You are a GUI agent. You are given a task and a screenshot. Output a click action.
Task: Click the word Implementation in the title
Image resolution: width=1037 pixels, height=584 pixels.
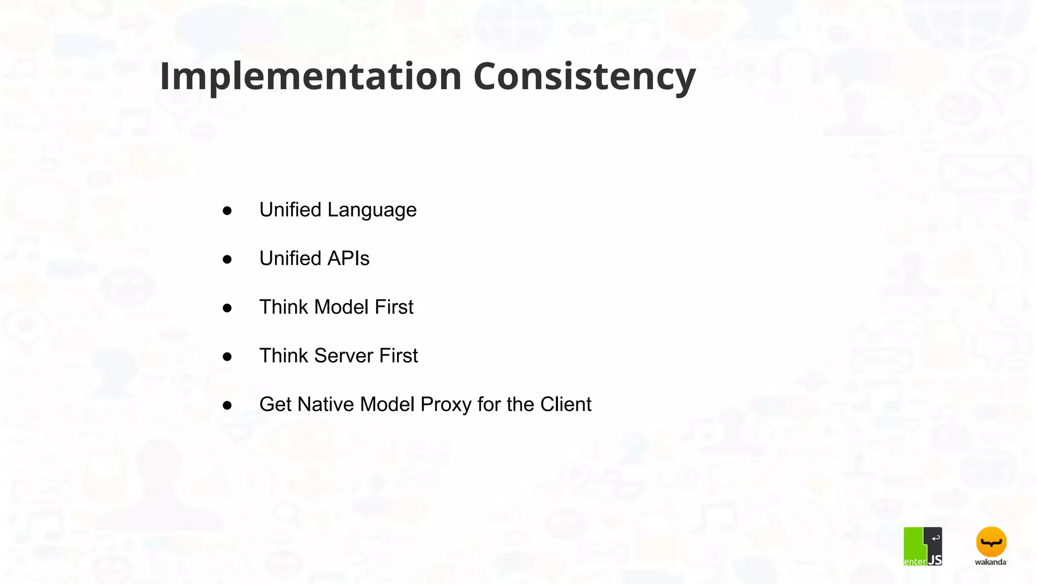coord(310,76)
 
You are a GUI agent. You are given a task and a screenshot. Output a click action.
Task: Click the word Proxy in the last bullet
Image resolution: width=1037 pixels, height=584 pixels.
coord(446,405)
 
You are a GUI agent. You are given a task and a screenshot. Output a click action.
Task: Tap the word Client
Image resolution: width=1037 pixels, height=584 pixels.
coord(566,405)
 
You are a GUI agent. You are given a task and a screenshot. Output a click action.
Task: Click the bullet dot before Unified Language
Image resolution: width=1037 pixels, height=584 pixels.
coord(227,211)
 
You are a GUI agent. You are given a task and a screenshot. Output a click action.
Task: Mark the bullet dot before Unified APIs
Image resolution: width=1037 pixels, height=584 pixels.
coord(227,260)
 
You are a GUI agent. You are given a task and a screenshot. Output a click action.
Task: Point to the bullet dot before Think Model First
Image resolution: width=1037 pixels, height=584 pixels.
coord(227,308)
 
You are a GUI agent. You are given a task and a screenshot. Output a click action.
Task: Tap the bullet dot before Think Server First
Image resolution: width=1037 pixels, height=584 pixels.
coord(227,357)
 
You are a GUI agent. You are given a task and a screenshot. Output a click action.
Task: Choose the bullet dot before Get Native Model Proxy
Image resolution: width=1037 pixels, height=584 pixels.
coord(227,406)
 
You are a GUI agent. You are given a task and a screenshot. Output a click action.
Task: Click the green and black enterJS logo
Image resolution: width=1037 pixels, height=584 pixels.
coord(923,546)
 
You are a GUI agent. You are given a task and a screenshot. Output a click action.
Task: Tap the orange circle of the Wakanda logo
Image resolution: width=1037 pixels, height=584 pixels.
coord(991,541)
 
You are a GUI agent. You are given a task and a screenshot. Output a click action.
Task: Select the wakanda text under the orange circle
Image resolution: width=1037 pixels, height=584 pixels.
coord(990,562)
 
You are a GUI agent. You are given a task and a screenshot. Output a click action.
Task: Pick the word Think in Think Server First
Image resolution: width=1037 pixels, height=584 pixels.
coord(284,356)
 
